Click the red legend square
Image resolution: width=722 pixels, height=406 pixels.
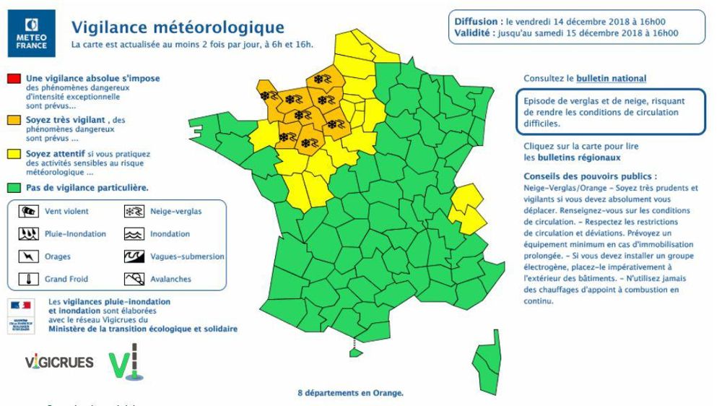14,78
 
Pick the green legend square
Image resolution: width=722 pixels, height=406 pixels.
14,188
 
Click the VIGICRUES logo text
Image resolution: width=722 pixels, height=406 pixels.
59,362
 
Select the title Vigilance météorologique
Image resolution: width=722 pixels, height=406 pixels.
178,27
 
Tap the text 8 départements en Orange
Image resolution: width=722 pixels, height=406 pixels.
350,394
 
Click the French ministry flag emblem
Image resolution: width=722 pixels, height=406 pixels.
21,306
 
